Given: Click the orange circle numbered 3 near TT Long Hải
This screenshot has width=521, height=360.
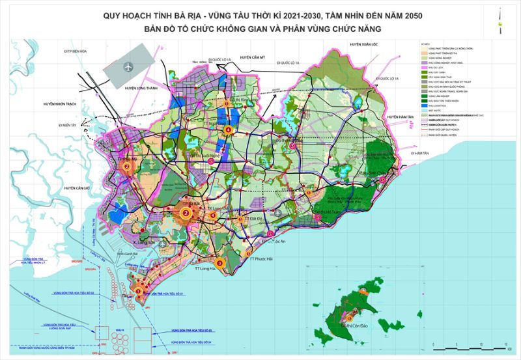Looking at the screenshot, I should click(x=219, y=263).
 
